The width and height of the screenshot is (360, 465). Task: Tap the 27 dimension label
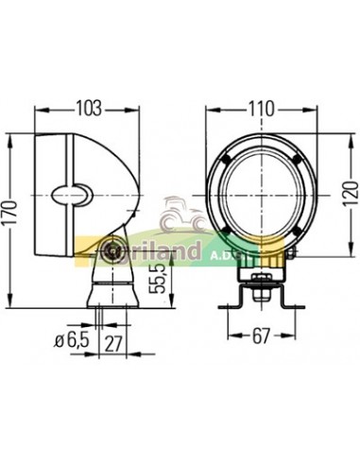tap(112, 340)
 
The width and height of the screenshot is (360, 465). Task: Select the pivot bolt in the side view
tap(111, 250)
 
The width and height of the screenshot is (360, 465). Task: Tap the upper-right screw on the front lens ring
tap(297, 159)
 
